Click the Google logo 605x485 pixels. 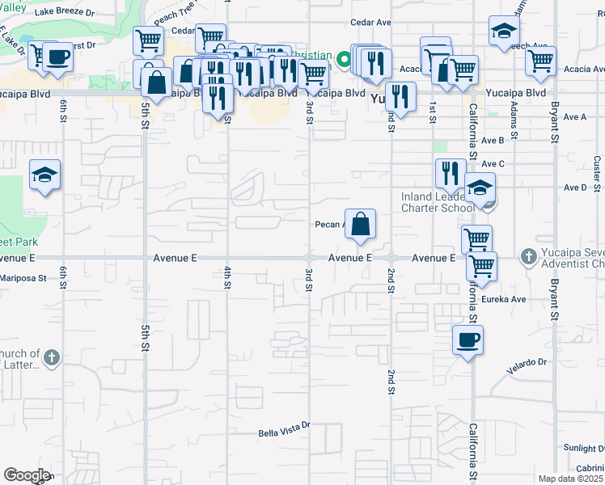click(27, 475)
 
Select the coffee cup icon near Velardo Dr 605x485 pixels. click(467, 339)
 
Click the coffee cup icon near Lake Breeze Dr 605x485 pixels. click(58, 57)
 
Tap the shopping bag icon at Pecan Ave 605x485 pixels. click(361, 224)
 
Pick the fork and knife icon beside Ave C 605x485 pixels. click(450, 173)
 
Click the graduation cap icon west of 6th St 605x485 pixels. click(45, 175)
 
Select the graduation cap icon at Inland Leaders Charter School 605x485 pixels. click(480, 189)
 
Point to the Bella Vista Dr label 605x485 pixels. click(284, 433)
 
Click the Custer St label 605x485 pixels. click(596, 169)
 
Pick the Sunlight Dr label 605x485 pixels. click(582, 448)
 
